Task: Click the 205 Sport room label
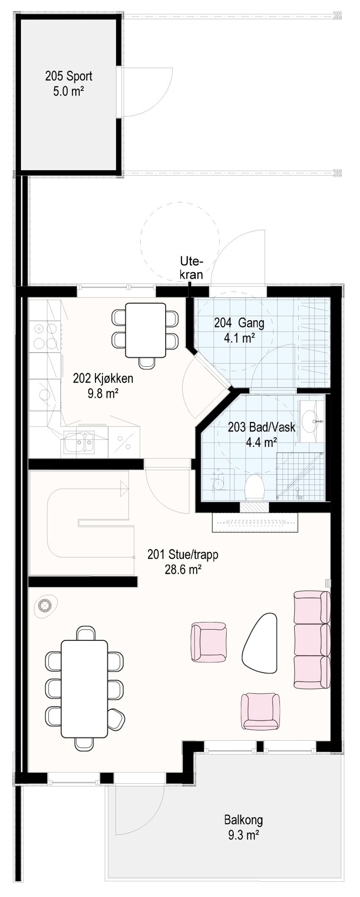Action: tap(68, 83)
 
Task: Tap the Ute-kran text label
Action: tap(191, 267)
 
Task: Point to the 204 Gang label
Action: tap(239, 330)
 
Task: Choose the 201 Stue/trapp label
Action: tap(183, 561)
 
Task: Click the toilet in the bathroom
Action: tap(255, 487)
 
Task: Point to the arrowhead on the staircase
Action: tap(124, 488)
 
